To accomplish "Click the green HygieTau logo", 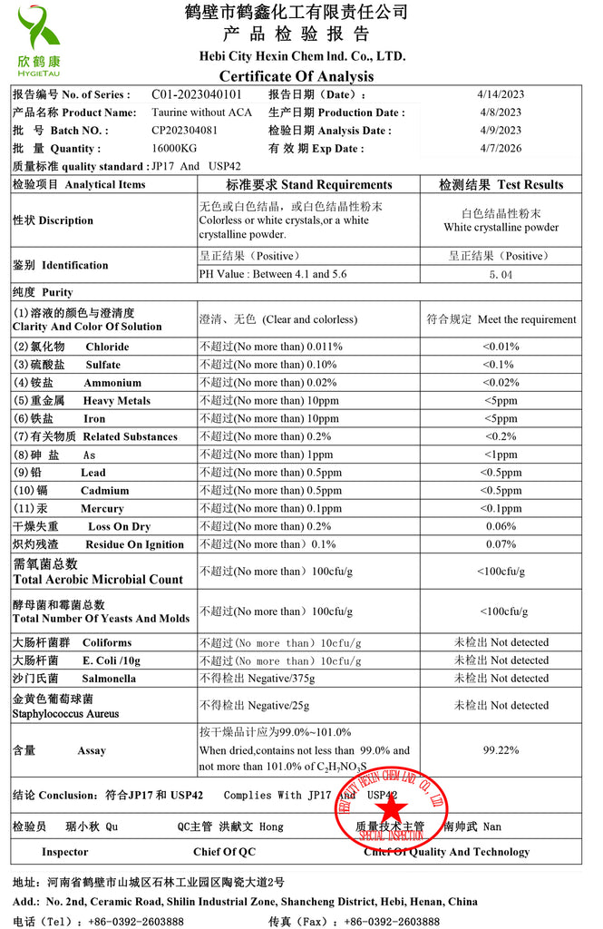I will pos(38,40).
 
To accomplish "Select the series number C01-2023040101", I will pos(197,94).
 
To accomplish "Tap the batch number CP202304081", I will pos(185,130).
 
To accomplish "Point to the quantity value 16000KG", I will pos(175,148).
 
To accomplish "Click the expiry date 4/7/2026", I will pos(499,148).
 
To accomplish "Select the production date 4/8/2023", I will pos(499,112).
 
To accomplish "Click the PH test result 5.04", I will pos(501,274).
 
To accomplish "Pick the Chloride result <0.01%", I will pos(501,347).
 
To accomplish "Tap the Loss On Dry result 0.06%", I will pos(501,526).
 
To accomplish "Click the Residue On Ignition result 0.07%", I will pos(501,544).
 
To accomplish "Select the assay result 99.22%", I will pos(501,750).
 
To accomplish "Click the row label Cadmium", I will pos(105,491).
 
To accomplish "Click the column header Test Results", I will pos(501,184).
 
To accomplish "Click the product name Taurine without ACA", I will pos(202,112).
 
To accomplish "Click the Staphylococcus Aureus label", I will pos(65,714).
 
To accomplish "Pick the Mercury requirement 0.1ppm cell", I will pos(271,509).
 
